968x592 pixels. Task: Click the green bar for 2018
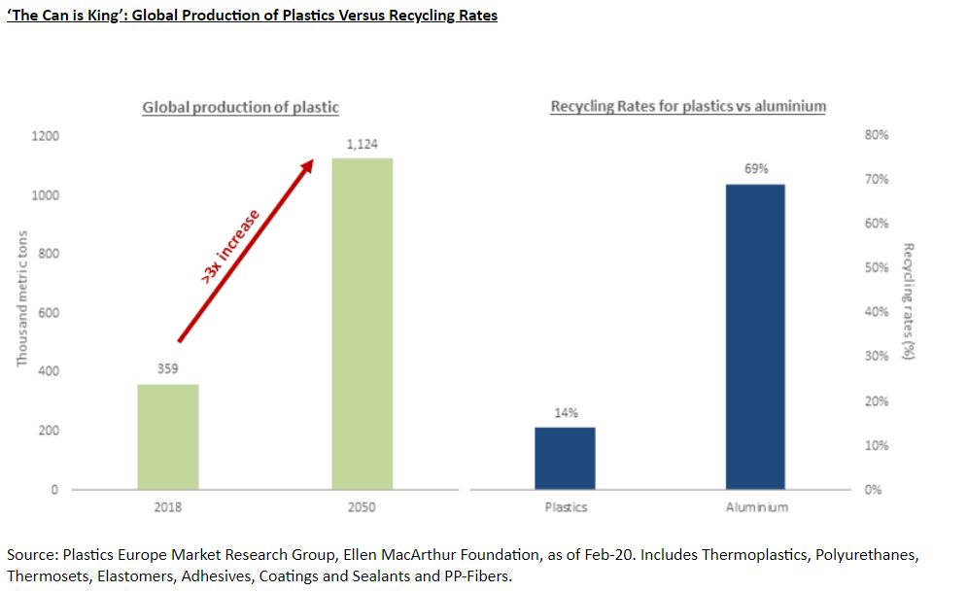167,436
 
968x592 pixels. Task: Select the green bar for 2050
362,323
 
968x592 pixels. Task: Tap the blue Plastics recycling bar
565,458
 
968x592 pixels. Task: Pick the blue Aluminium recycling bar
755,336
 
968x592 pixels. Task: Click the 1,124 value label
362,145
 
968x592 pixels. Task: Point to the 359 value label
167,370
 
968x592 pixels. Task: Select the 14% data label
566,413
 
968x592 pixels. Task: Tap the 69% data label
756,168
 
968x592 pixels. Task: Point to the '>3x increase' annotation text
230,247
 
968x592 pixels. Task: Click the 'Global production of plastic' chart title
240,107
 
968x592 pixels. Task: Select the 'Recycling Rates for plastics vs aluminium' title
688,106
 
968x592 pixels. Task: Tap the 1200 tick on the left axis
46,136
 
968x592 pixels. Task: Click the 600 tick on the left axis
49,313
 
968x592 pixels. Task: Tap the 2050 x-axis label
362,507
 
